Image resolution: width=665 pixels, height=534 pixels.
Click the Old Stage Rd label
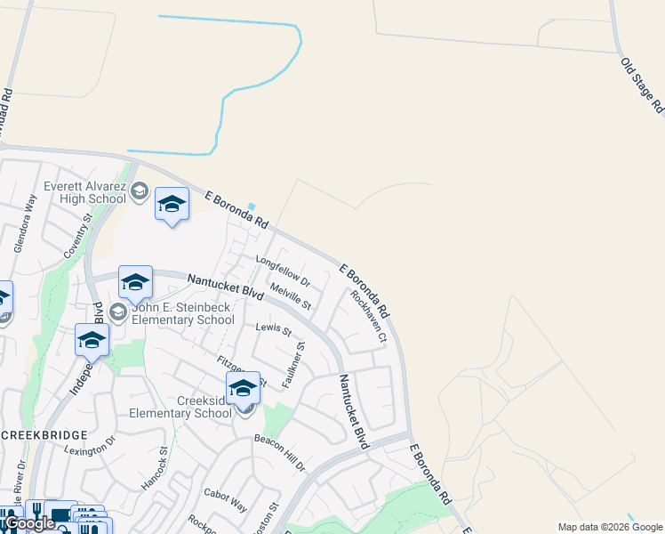tap(642, 85)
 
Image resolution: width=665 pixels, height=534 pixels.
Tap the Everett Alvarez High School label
tap(86, 192)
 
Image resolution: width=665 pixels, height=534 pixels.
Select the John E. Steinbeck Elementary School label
tap(182, 313)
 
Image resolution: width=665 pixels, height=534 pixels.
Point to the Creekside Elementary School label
tap(180, 407)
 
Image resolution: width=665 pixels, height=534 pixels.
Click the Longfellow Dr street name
tap(282, 271)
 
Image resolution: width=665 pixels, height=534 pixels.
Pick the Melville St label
tap(291, 297)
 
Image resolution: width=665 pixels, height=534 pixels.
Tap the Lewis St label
tap(274, 329)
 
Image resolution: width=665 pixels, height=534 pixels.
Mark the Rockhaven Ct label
tap(369, 316)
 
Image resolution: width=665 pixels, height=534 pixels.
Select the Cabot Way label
tap(225, 499)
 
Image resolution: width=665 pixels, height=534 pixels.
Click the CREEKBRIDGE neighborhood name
tap(44, 434)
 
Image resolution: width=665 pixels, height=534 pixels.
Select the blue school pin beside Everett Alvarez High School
tap(172, 205)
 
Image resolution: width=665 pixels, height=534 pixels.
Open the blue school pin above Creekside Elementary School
tap(243, 389)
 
